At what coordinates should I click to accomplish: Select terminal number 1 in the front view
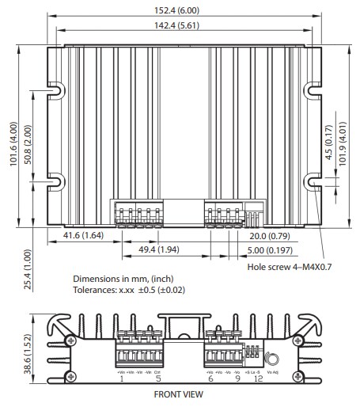[x=122, y=378]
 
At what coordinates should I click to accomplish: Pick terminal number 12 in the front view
[x=258, y=378]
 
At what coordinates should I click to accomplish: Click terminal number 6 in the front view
[x=210, y=378]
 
